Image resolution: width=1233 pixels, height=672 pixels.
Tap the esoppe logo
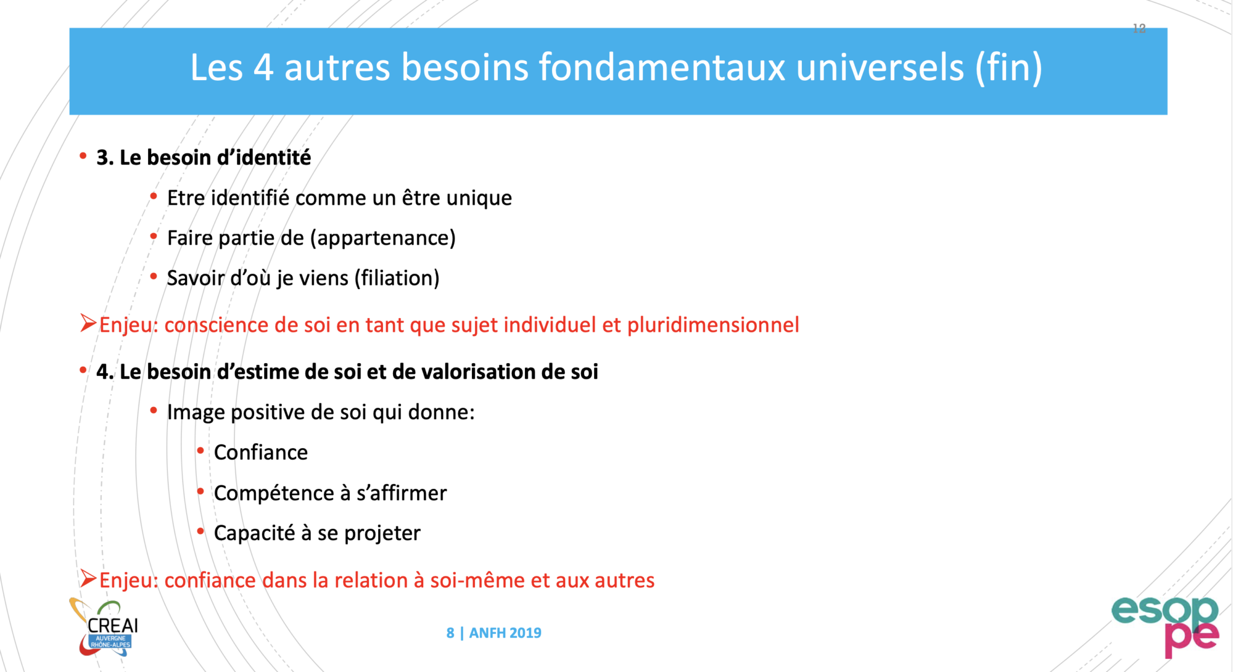1165,626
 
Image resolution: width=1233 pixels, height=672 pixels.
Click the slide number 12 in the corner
1139,28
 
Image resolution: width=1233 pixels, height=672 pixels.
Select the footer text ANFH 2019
505,633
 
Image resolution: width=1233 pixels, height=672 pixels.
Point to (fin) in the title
1009,67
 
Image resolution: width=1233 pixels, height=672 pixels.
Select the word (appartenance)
383,238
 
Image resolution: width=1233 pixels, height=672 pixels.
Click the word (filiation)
397,278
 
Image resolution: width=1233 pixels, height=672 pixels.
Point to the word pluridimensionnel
713,325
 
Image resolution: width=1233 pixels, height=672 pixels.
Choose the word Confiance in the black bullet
261,452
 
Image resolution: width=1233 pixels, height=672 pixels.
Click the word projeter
382,534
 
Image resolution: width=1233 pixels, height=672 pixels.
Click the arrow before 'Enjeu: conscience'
89,323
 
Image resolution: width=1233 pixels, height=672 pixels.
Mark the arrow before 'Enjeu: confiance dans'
89,579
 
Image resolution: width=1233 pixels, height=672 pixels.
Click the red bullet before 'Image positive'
154,411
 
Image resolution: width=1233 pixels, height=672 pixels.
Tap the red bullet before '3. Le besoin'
83,156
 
